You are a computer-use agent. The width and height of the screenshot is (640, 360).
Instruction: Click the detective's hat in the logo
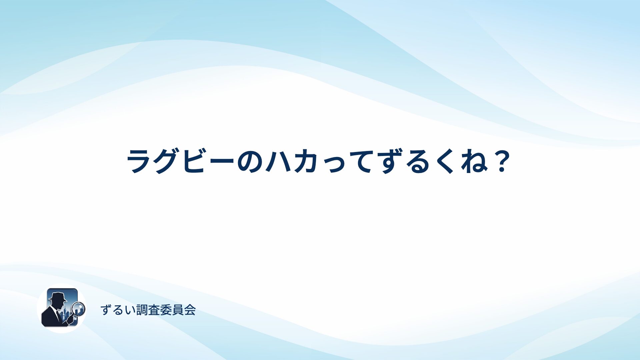[x=58, y=296]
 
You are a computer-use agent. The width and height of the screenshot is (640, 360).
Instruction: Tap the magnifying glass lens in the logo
[x=79, y=309]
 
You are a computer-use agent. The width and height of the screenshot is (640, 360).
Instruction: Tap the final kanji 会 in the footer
[x=190, y=310]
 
